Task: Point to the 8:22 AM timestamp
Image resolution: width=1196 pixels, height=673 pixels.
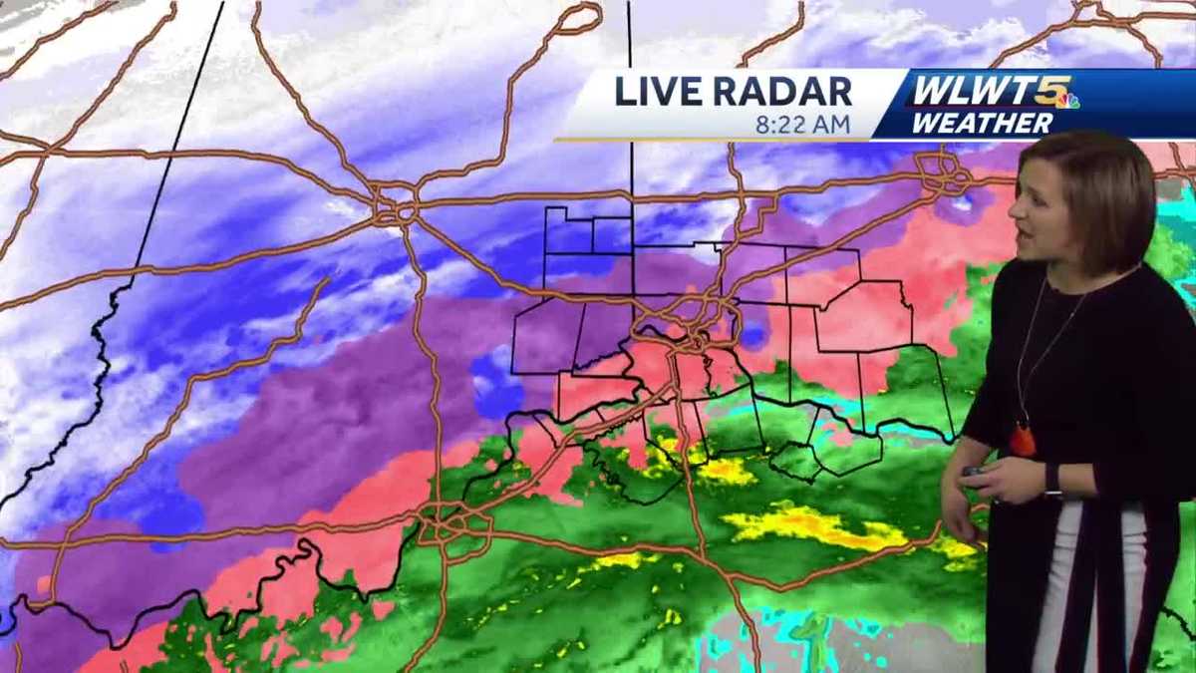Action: (802, 125)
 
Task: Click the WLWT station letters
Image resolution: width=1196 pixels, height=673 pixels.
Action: (972, 91)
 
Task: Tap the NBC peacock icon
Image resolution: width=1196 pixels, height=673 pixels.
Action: (1070, 100)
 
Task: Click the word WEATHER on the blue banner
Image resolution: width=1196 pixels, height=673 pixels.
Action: (982, 124)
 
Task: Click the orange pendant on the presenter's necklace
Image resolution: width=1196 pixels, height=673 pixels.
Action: (1023, 439)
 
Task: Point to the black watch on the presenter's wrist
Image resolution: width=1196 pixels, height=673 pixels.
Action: (1052, 481)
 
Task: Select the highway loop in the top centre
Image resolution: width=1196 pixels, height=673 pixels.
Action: (580, 17)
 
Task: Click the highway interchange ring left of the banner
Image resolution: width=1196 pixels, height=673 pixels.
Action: (395, 207)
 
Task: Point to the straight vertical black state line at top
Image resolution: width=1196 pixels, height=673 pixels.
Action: (630, 100)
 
